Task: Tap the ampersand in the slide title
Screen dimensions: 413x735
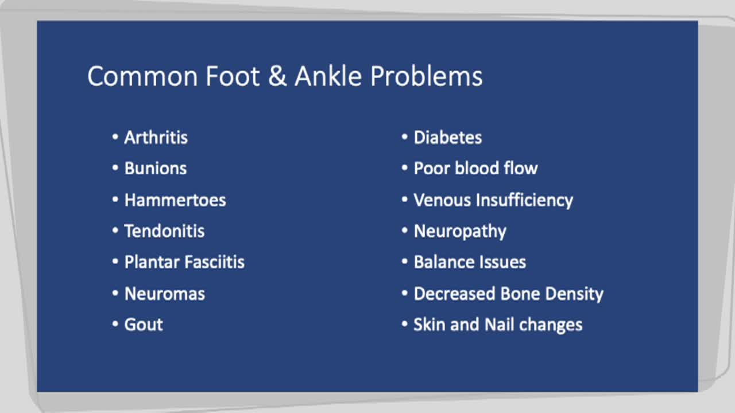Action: pos(277,76)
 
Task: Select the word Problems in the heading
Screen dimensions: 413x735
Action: pos(426,76)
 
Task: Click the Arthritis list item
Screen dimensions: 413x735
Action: pos(156,138)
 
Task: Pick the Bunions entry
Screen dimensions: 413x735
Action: pos(156,169)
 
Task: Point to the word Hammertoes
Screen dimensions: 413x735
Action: pos(175,200)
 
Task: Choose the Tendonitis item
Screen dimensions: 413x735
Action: pos(164,231)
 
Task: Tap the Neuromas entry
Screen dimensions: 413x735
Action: pos(164,294)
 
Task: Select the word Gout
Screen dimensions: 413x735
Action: pos(144,325)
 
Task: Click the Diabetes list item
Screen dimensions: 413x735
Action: pos(447,138)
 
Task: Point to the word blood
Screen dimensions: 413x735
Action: pos(476,169)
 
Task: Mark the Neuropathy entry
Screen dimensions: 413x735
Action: pos(460,231)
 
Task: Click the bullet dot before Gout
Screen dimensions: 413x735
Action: pos(115,325)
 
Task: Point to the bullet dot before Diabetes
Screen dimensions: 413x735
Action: pos(405,138)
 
